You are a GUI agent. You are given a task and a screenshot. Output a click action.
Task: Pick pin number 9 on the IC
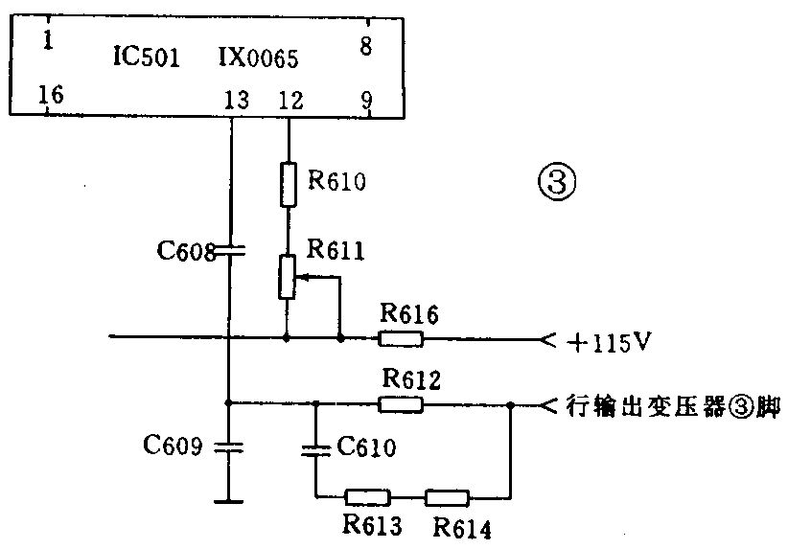coord(365,98)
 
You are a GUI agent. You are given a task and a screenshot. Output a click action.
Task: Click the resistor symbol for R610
coord(287,185)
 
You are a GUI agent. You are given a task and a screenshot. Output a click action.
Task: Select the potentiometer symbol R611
coord(287,277)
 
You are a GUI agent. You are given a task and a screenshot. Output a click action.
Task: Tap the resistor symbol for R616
coord(401,337)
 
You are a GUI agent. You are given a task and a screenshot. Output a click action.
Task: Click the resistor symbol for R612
coord(400,404)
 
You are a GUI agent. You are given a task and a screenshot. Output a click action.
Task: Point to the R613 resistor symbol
coord(367,497)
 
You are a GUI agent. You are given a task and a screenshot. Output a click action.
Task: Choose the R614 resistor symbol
coord(447,497)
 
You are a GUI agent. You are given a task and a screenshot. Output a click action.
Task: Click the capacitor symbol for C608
coord(230,252)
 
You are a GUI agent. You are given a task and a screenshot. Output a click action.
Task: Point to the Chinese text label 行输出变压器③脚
coord(672,407)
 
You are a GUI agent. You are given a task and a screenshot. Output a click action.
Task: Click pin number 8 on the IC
coord(365,45)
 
